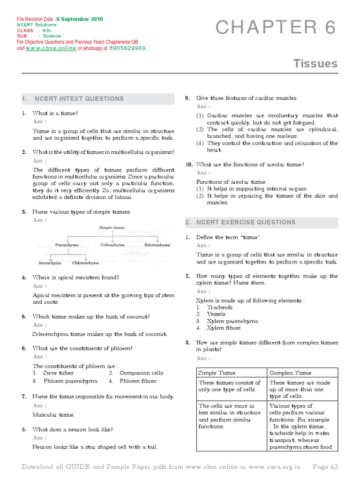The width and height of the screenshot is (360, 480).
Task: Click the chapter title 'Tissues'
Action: (315, 63)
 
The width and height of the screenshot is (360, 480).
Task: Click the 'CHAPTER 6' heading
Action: (276, 29)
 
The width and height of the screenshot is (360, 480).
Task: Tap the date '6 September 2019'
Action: (80, 19)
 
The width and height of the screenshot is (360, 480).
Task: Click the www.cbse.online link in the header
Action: (51, 48)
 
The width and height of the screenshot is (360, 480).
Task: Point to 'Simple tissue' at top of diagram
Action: (112, 228)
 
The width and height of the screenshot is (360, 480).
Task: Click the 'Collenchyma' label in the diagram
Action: (112, 245)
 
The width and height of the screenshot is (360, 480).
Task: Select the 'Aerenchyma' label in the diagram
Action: (50, 263)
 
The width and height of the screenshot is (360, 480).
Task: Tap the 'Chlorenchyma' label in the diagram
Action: (85, 263)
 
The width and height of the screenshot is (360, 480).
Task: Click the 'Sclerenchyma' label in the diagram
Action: (157, 245)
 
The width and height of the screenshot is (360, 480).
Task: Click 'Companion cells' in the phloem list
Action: (141, 373)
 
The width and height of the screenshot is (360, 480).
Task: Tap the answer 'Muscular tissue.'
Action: (53, 415)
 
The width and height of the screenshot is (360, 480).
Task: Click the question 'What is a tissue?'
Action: (55, 113)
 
